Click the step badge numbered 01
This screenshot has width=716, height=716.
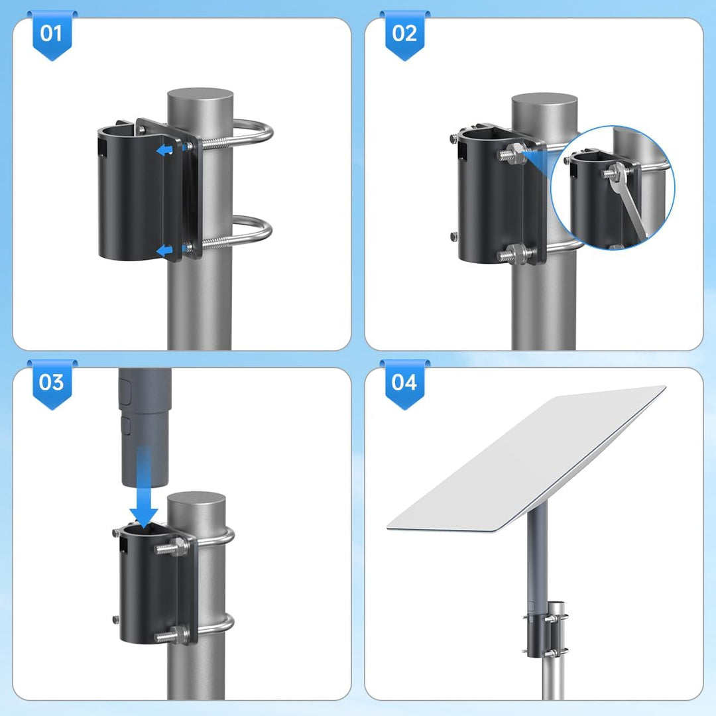[x=52, y=36]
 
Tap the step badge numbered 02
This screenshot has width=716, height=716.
[x=404, y=36]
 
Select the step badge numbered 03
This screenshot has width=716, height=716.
[x=52, y=384]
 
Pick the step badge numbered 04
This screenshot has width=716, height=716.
[x=404, y=384]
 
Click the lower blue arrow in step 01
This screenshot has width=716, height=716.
[x=164, y=250]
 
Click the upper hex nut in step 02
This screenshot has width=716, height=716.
[x=516, y=152]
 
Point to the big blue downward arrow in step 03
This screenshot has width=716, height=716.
[x=143, y=487]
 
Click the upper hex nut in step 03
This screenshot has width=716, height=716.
[x=180, y=546]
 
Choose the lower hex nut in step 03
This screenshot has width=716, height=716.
[x=180, y=633]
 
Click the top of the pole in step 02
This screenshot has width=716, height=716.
[x=544, y=105]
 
